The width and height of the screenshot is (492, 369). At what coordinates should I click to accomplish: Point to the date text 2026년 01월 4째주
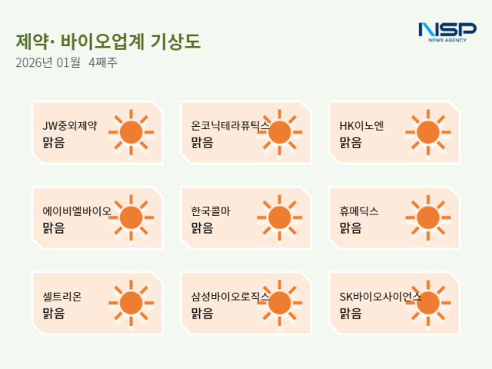[x=66, y=63]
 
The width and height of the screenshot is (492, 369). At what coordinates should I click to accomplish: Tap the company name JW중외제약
[x=70, y=125]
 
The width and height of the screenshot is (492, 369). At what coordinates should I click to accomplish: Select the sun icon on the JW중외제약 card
[x=131, y=132]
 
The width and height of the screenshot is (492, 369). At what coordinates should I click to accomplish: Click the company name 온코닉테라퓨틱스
[x=230, y=125]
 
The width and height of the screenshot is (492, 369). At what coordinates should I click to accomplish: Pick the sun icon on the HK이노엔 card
[x=428, y=132]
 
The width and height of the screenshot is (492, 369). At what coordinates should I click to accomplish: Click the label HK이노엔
[x=362, y=125]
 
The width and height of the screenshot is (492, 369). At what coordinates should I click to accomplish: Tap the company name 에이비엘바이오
[x=77, y=211]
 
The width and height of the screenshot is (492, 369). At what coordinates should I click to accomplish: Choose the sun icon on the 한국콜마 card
[x=280, y=218]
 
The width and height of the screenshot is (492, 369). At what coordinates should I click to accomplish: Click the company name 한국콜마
[x=211, y=211]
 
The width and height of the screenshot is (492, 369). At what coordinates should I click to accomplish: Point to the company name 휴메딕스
[x=359, y=211]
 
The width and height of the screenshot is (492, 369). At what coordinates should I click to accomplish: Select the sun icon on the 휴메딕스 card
[x=428, y=218]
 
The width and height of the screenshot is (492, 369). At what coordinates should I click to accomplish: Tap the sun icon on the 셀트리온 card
[x=131, y=303]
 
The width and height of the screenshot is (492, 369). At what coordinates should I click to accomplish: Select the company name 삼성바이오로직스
[x=230, y=296]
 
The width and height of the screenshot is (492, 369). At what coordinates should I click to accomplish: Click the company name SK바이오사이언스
[x=381, y=296]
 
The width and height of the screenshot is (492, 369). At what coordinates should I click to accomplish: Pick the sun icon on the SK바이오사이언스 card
[x=428, y=303]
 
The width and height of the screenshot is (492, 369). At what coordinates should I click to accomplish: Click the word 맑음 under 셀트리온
[x=54, y=313]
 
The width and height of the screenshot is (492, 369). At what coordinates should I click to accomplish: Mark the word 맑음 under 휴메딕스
[x=351, y=228]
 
